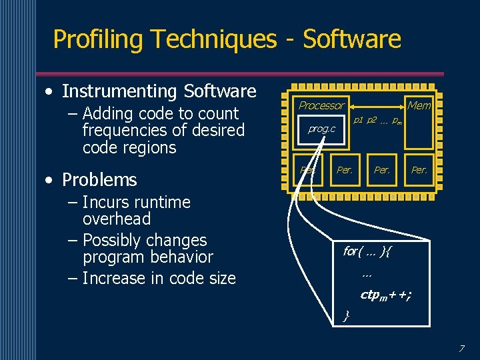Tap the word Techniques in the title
click(x=213, y=39)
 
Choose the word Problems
click(x=99, y=180)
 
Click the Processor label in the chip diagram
click(x=321, y=105)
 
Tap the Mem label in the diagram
click(x=419, y=105)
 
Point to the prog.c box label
click(x=321, y=129)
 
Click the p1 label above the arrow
click(x=358, y=121)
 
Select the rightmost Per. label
click(x=419, y=170)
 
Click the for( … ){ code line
click(x=368, y=251)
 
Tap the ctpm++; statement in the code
click(x=385, y=295)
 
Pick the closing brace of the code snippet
click(x=346, y=315)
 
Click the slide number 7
click(x=461, y=348)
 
